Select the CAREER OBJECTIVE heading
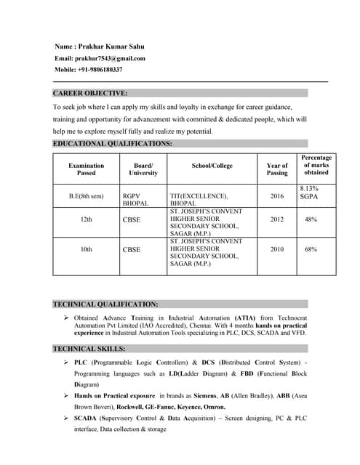pos(90,93)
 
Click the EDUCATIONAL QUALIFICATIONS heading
pos(113,144)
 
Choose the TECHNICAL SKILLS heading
pos(89,349)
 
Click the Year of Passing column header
pos(277,169)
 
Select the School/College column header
pos(212,166)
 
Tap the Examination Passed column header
pos(86,169)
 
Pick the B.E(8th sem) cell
pos(86,196)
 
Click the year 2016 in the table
pos(277,196)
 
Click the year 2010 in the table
pos(277,249)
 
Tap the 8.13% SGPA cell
pos(310,193)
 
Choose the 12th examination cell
pos(86,219)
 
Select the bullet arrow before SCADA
pos(66,418)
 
